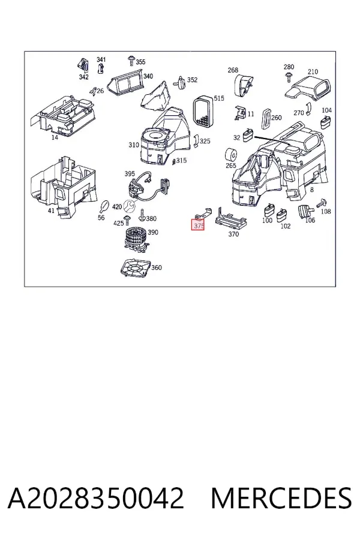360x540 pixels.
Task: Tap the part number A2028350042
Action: click(x=96, y=498)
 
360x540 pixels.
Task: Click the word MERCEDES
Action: click(x=281, y=498)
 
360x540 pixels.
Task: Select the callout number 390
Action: click(x=153, y=232)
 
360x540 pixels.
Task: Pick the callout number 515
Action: click(x=219, y=98)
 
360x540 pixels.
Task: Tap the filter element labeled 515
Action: click(x=203, y=111)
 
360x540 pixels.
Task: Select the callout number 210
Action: click(x=313, y=71)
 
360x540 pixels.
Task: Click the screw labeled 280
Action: click(x=289, y=77)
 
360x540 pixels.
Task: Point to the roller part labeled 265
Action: click(x=230, y=155)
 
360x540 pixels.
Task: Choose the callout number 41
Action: click(x=52, y=210)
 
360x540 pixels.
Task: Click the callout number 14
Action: click(x=55, y=137)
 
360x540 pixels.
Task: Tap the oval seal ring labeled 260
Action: click(x=266, y=119)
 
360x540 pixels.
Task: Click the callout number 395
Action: click(x=130, y=174)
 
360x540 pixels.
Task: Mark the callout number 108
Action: click(x=326, y=211)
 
